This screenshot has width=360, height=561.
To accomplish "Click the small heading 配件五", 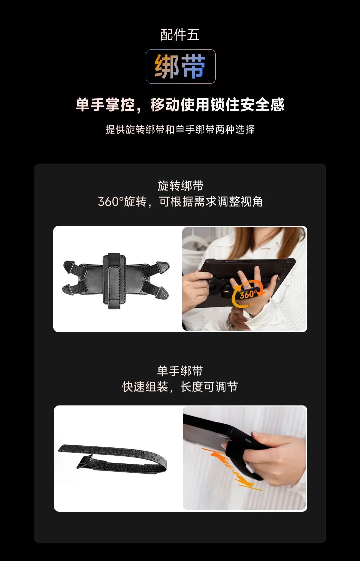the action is coord(180,34).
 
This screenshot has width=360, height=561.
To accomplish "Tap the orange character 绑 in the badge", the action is coord(167,66).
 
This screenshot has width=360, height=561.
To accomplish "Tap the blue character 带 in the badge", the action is coord(193,66).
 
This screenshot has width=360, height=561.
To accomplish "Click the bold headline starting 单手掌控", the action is coord(180,104).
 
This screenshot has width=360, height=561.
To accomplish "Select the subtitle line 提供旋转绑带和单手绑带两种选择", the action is coord(180,130).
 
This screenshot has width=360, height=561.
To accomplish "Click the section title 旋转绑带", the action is coord(180,186).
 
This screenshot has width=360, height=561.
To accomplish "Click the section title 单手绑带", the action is coord(180,371).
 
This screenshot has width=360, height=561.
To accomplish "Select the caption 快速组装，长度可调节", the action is coord(180,387).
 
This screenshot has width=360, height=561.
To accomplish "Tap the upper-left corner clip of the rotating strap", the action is coord(69,265).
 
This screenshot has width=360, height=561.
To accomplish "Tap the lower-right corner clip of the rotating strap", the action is coord(162,295).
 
